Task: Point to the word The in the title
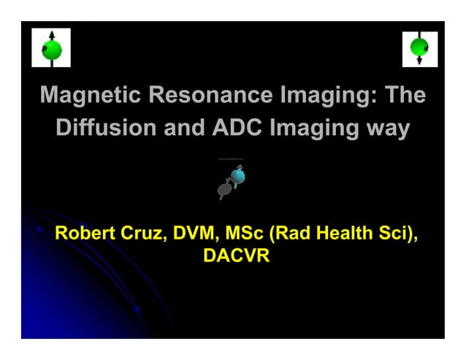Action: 405,96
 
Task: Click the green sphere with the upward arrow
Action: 51,49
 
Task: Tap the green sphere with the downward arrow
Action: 419,49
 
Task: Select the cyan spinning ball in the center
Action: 237,176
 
